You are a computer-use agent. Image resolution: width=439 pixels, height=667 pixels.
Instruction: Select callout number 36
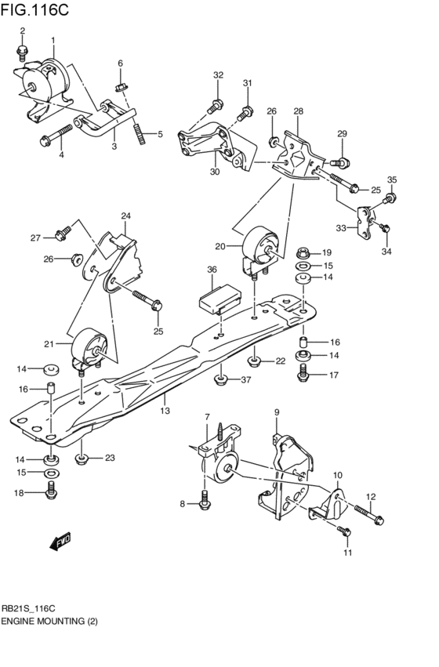[211, 270]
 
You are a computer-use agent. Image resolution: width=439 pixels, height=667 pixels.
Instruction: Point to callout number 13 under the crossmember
[165, 409]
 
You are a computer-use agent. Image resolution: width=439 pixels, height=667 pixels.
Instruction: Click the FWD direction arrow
[59, 541]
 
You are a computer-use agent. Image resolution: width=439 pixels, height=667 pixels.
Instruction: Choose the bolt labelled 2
[22, 51]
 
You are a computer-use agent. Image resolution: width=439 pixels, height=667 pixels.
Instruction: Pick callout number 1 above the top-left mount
[53, 40]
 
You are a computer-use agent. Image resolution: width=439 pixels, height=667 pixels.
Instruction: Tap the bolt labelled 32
[215, 105]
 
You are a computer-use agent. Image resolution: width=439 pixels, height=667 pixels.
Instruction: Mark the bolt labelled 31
[245, 112]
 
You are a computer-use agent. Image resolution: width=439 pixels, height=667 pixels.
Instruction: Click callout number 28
[298, 111]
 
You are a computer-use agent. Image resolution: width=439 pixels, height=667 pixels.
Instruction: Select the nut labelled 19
[305, 253]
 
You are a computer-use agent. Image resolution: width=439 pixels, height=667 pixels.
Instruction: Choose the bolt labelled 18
[50, 492]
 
